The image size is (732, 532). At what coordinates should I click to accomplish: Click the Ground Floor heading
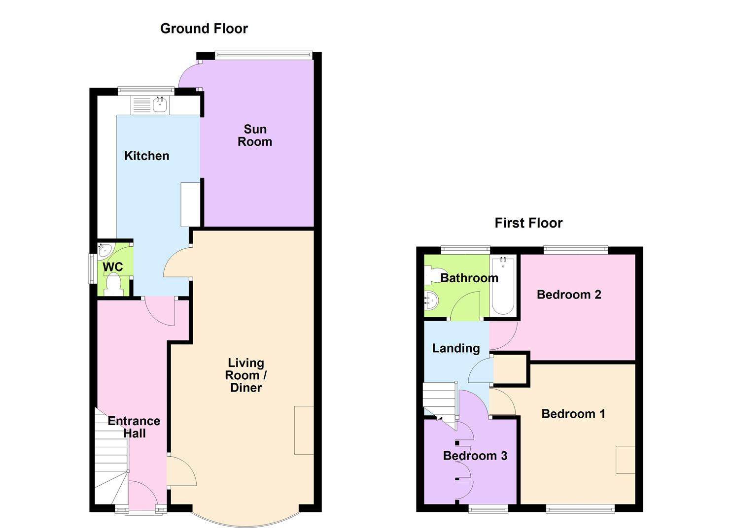coord(204,29)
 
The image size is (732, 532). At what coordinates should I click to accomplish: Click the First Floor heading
coord(528,223)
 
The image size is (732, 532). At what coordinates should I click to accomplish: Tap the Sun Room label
coord(255,135)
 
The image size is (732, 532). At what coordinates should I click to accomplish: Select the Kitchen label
coord(147,156)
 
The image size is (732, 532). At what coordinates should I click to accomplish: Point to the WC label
coord(113,267)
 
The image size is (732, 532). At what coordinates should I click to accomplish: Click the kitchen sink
coord(159,104)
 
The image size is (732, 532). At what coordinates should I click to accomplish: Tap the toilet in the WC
coord(114,285)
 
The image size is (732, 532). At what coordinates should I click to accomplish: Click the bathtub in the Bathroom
coord(503,285)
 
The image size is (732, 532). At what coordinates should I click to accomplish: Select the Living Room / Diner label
coord(246,375)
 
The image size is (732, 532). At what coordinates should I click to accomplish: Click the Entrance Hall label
coord(134,427)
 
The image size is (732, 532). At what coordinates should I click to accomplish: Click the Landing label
coord(456,349)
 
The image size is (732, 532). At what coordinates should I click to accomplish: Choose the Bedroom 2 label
coord(569,295)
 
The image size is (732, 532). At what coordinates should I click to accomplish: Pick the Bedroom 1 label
coord(573,414)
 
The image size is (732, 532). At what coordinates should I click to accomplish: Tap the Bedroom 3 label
coord(475,456)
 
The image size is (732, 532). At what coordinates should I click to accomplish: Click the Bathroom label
coord(469,278)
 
